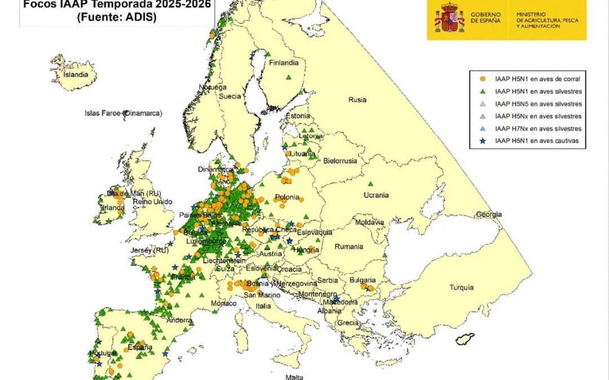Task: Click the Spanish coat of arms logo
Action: (449, 20)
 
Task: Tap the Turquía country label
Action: (461, 288)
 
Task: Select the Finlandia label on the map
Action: (283, 62)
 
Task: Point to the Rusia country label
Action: (357, 100)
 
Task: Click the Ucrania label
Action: (376, 195)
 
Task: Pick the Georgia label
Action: (489, 214)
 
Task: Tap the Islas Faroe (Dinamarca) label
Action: (123, 113)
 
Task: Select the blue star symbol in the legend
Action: (483, 141)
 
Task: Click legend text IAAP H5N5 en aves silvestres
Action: (537, 104)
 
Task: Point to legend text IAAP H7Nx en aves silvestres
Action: (537, 129)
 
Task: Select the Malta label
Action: (294, 377)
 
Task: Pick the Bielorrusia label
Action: (340, 160)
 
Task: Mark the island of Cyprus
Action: (465, 339)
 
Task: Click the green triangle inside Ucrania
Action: (371, 184)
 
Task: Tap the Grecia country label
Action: (347, 323)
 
